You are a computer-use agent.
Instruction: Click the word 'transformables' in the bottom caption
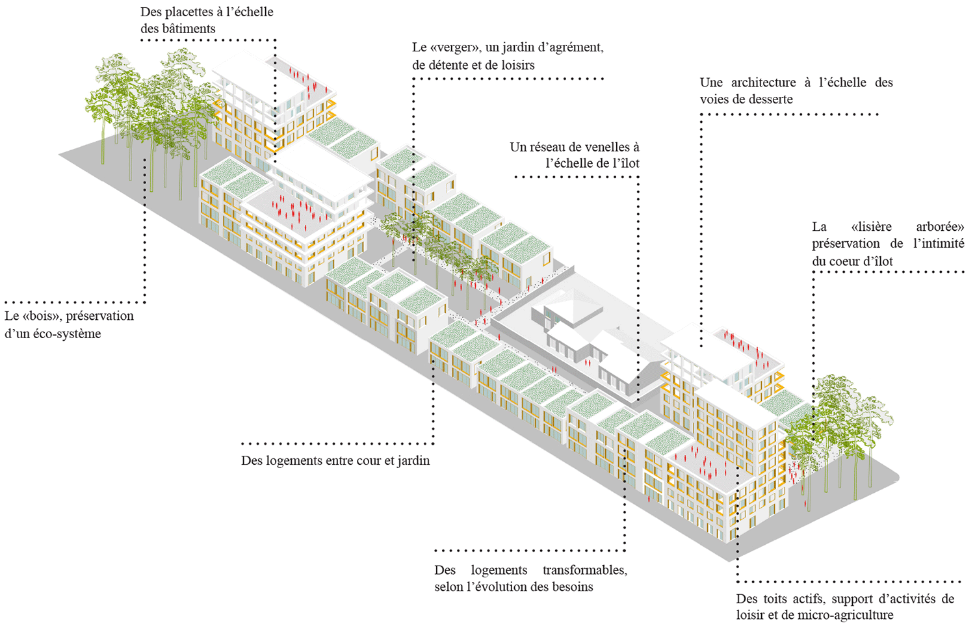coord(584,570)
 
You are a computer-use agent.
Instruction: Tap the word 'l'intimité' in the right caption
coord(939,243)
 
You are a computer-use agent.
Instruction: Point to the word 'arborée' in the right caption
coord(940,226)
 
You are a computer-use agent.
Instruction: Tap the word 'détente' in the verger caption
coord(451,65)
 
